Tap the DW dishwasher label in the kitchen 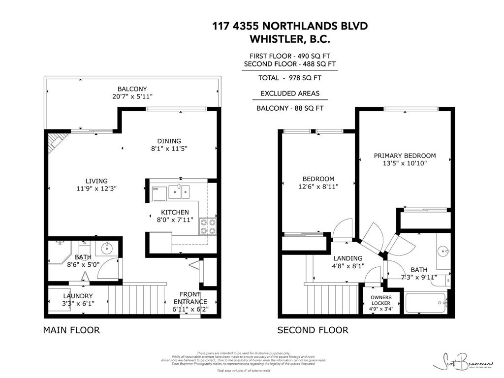156,189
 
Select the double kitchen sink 180,191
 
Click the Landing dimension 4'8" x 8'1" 348,266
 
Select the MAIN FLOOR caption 71,330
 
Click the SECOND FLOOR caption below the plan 313,330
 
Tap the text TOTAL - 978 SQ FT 290,78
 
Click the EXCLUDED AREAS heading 290,93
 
